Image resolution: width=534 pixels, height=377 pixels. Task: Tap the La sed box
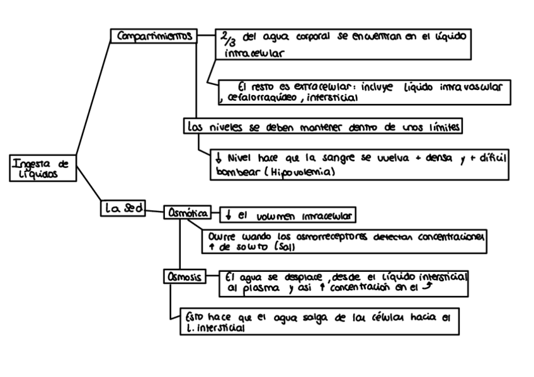[x=122, y=208]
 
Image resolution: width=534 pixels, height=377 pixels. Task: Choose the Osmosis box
[x=184, y=276]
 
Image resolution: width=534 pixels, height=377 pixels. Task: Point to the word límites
[x=440, y=126]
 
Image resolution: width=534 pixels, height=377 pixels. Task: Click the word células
[x=384, y=317]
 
